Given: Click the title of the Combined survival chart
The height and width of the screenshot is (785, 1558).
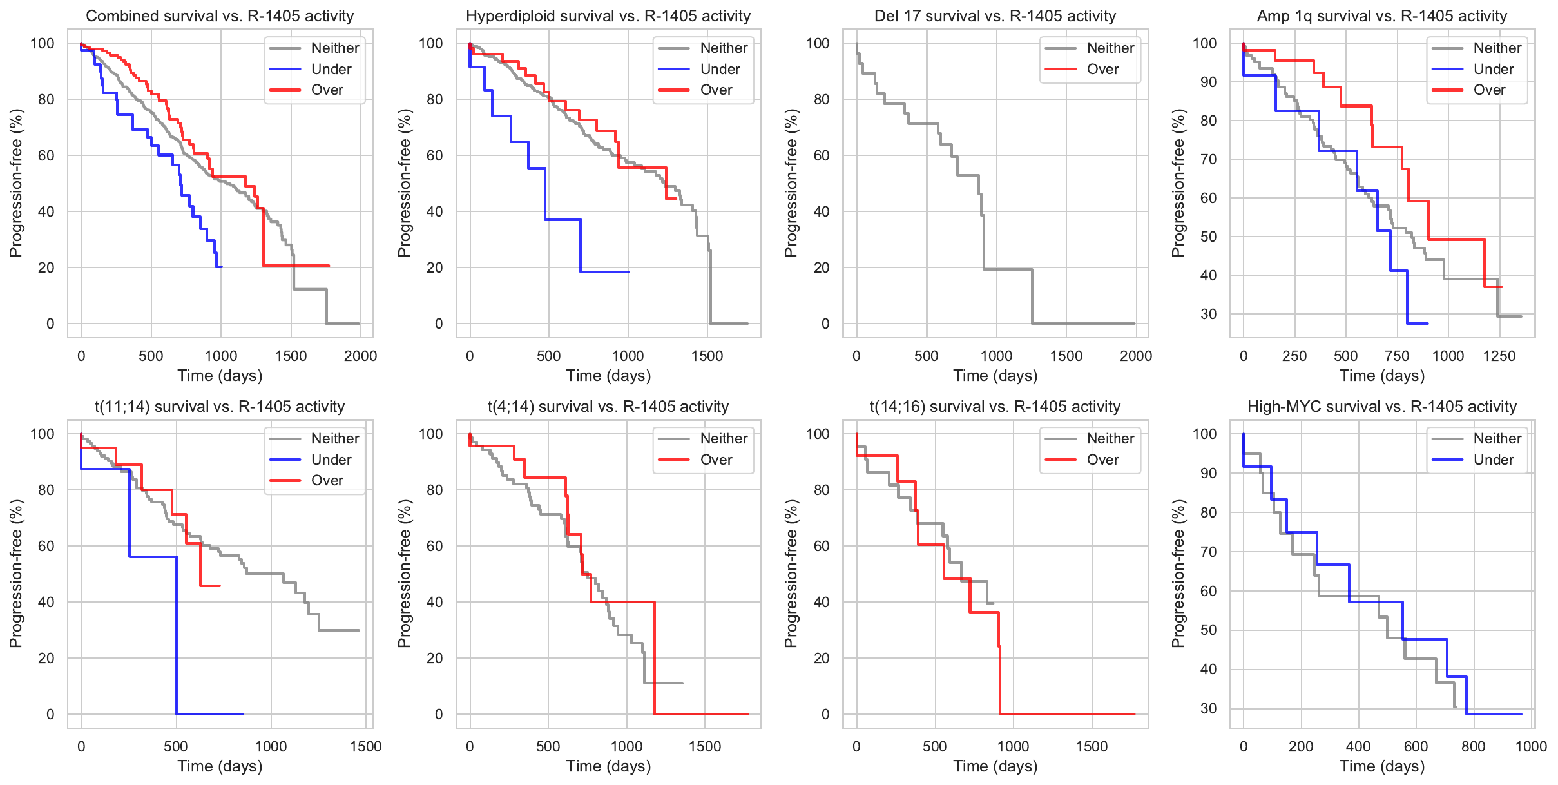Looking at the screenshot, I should pos(220,16).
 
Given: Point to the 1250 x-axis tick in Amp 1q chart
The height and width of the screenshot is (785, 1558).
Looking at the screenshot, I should pos(1499,356).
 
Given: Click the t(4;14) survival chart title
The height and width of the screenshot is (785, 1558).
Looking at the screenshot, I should pos(608,407).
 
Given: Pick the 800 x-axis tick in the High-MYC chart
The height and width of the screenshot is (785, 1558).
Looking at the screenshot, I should pos(1474,746).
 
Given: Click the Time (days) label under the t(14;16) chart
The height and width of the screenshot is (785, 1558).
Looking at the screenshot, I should pos(995,766).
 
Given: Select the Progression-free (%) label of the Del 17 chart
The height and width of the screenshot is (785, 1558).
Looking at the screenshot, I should pos(791,183).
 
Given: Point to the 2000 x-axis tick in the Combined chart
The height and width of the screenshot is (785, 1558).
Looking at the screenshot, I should pos(360,356).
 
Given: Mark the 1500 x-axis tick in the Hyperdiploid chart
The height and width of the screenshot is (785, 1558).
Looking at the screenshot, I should pos(707,356).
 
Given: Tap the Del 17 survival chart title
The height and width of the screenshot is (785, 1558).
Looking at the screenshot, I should pos(995,16).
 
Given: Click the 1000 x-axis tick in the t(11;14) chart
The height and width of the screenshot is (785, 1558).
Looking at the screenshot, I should pos(271,746).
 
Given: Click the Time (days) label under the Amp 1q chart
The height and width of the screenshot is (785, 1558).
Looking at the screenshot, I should pos(1382,376).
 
